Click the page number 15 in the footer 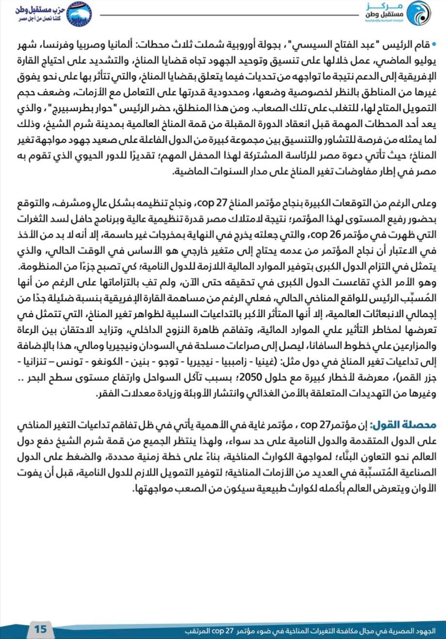[x=40, y=629]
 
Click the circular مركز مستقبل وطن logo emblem [x=417, y=14]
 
